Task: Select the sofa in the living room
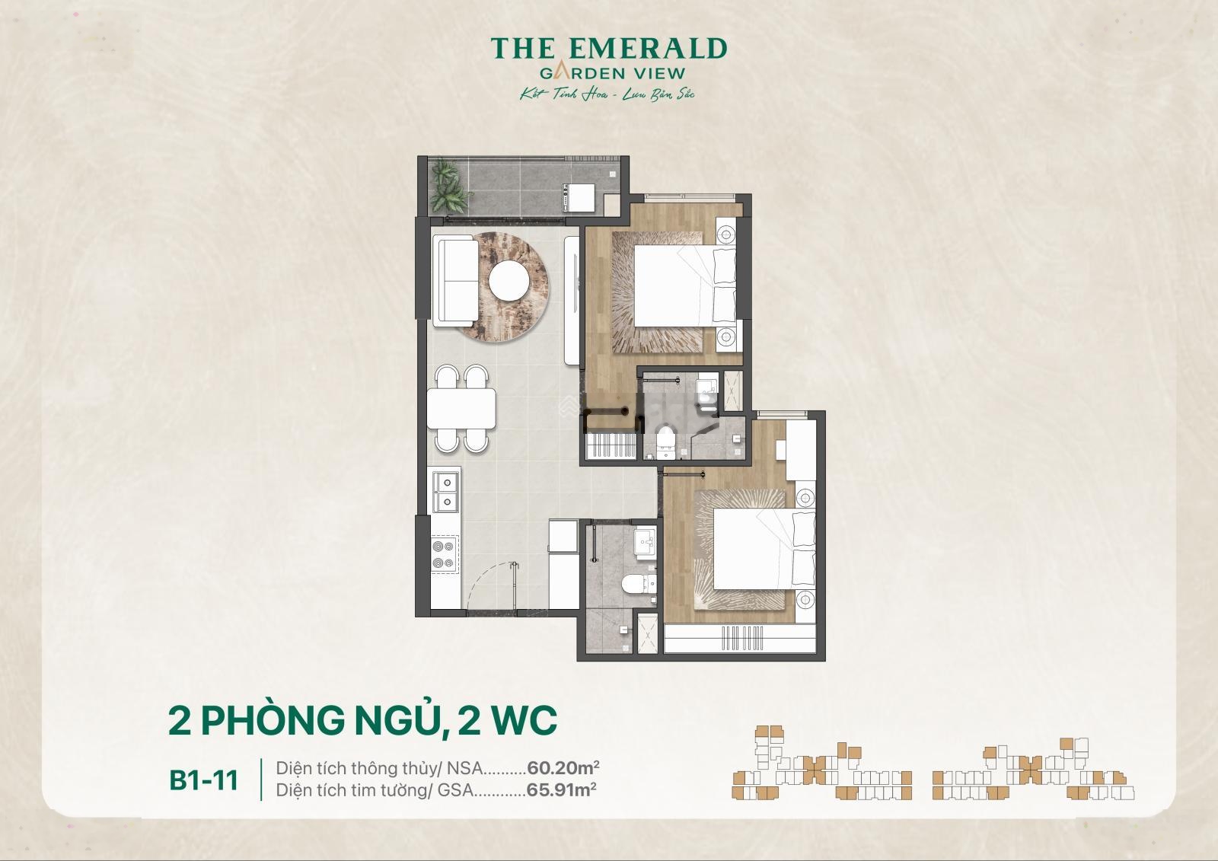456,281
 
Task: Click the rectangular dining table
461,409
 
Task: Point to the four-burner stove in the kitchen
445,554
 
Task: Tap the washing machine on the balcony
578,197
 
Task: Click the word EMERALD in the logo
648,49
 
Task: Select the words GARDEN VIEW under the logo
612,73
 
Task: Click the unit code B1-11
204,780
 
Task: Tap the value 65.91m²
561,789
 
